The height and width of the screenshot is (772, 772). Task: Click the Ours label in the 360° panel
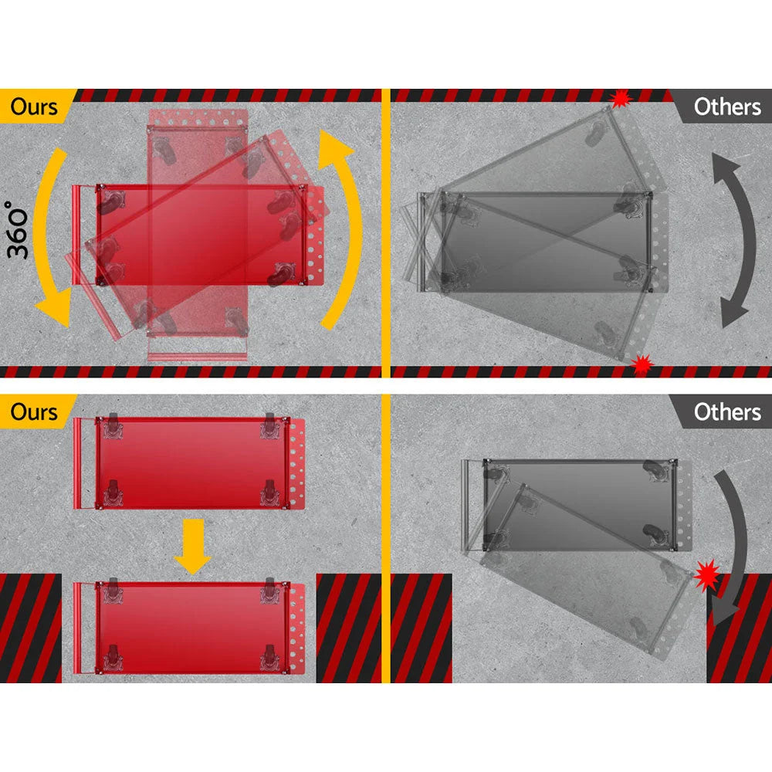click(34, 107)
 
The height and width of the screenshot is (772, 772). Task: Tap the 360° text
click(18, 229)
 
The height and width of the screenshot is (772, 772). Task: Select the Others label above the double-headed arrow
click(727, 107)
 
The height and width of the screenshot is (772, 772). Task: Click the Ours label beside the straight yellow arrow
click(34, 412)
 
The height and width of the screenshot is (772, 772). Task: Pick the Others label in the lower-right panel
click(727, 412)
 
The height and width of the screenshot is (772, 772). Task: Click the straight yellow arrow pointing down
click(192, 547)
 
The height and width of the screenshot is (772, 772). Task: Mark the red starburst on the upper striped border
click(621, 99)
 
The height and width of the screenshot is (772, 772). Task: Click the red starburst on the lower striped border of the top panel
click(642, 365)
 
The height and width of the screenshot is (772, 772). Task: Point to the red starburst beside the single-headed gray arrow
click(707, 575)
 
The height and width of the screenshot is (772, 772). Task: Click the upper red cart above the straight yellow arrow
click(190, 463)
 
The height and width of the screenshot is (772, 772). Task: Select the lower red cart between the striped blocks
click(190, 628)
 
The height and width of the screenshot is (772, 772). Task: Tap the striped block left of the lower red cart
click(31, 628)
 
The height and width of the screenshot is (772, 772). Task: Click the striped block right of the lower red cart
click(349, 628)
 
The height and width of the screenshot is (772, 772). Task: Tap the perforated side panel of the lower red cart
click(297, 628)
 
